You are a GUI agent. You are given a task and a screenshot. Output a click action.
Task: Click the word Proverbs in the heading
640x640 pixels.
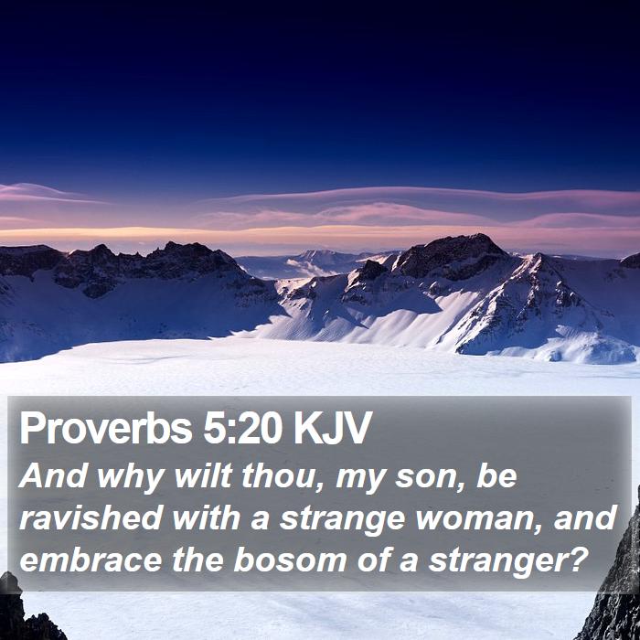pos(106,428)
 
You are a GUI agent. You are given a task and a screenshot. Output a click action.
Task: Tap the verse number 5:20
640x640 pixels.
pos(242,428)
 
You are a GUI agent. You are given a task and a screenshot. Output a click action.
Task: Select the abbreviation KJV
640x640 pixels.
pos(332,428)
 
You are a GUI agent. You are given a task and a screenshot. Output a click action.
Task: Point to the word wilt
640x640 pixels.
pos(203,476)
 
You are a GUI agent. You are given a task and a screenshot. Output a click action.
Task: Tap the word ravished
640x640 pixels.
pos(91,517)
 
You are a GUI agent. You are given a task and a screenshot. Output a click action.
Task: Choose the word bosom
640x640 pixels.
pos(290,560)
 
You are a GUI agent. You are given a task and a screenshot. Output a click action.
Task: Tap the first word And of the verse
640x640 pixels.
pos(53,476)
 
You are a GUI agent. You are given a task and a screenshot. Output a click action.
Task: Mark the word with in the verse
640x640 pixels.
pos(206,517)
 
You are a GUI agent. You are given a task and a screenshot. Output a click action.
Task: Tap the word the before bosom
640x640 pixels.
pos(197,560)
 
